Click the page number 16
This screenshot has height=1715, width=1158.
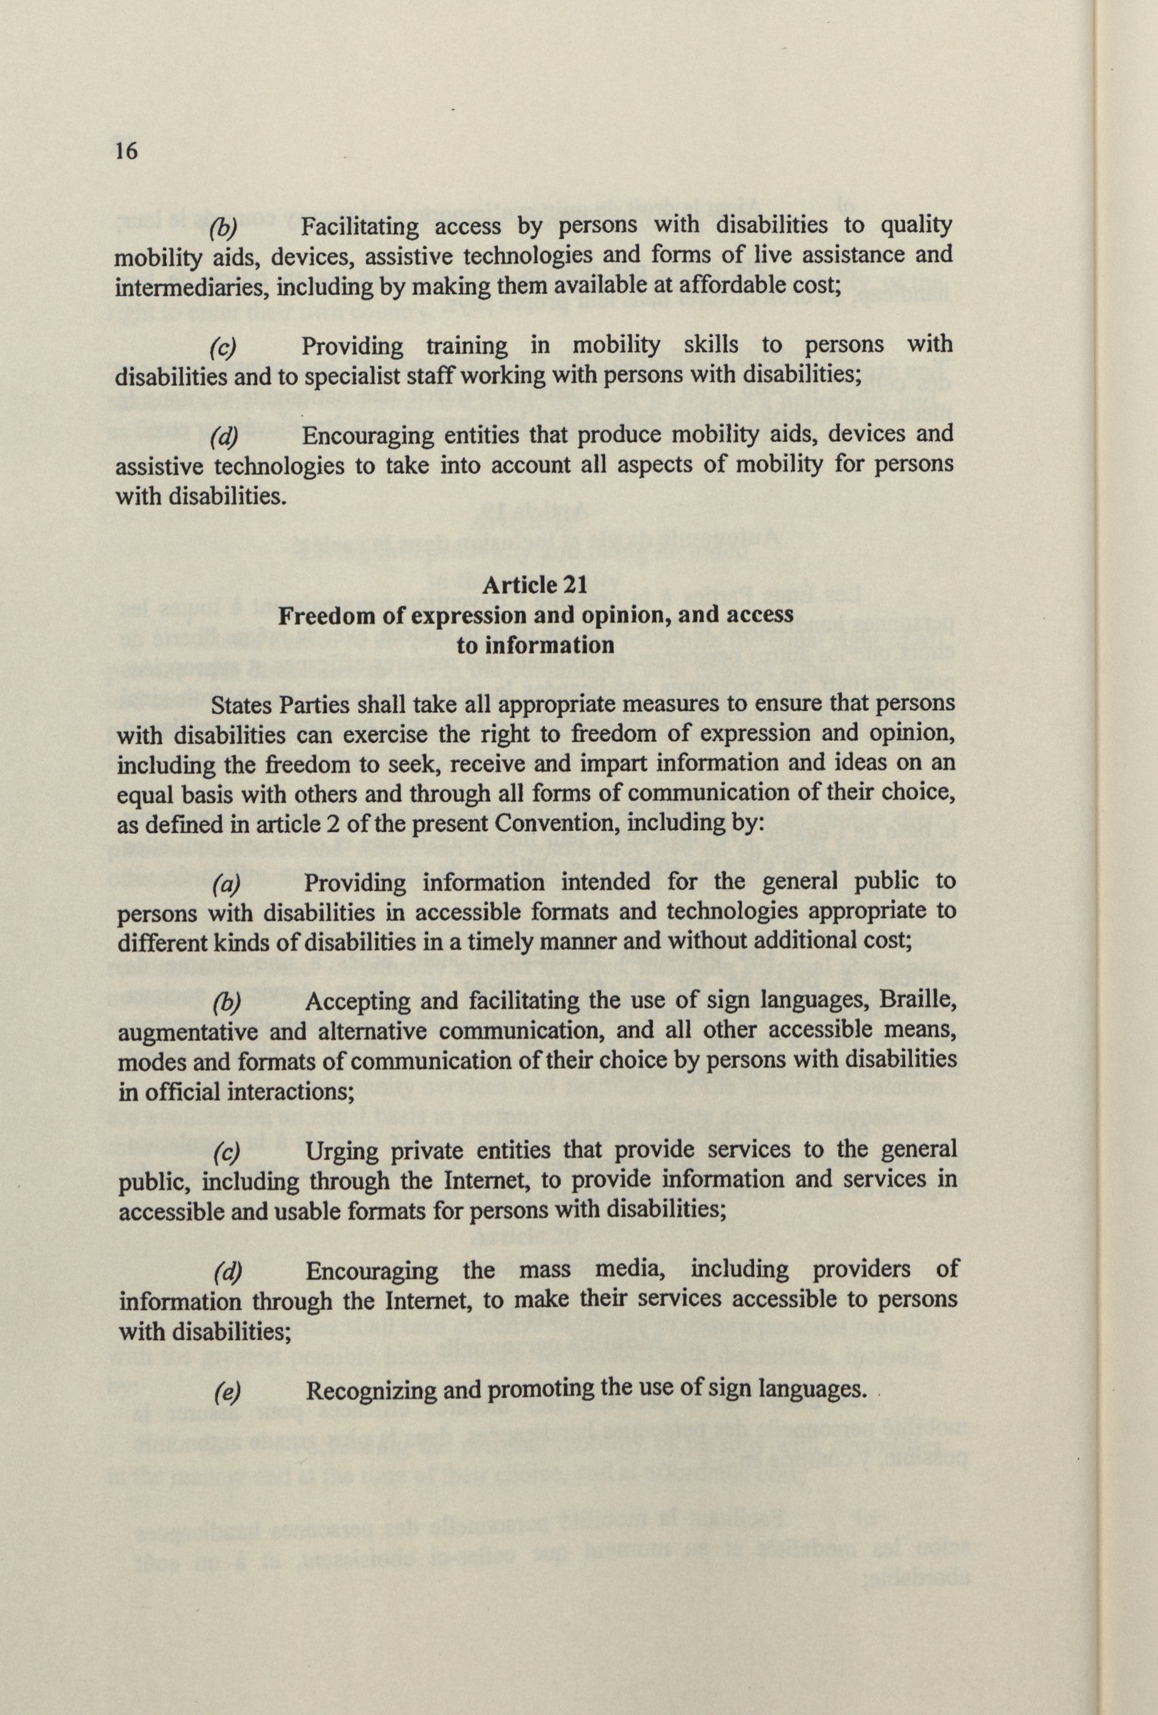click(x=125, y=151)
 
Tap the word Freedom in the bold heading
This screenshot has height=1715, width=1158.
click(x=322, y=614)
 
